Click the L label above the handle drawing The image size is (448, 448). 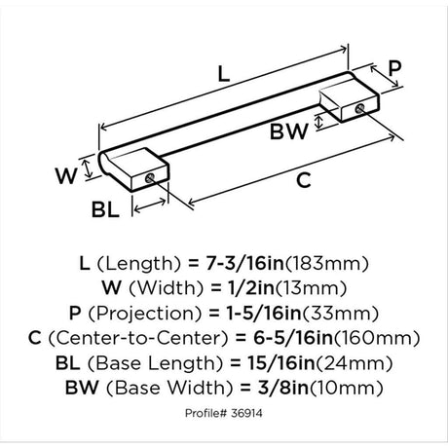click(x=223, y=73)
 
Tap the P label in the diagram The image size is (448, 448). click(x=394, y=68)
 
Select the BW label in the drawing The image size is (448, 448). click(x=288, y=131)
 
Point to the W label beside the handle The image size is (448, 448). click(x=66, y=175)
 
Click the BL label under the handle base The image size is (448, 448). click(x=105, y=209)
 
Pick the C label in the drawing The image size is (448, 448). click(x=304, y=180)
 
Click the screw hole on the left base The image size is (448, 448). click(x=150, y=177)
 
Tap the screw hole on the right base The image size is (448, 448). click(x=359, y=109)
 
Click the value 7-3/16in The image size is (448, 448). click(x=245, y=263)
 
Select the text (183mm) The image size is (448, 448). click(x=326, y=264)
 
